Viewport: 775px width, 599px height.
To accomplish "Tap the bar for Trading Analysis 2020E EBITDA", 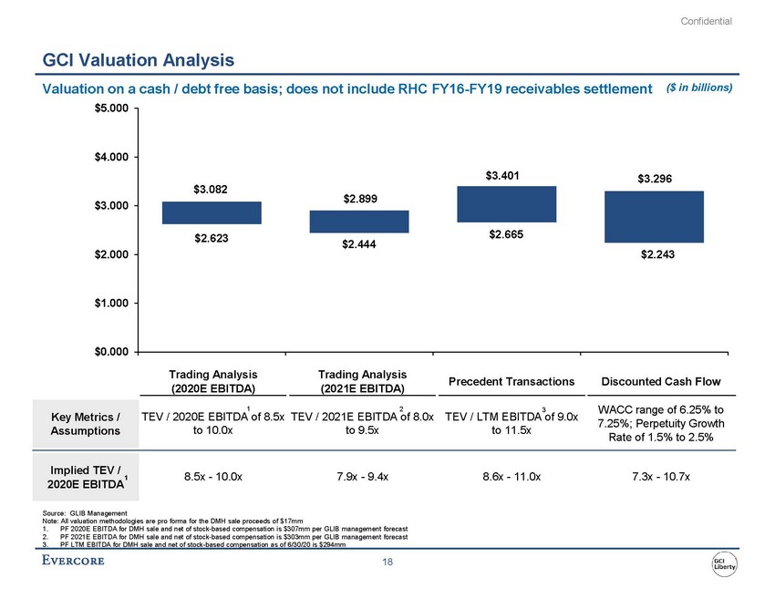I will pyautogui.click(x=199, y=212).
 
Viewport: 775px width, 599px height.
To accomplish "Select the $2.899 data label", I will pyautogui.click(x=361, y=198).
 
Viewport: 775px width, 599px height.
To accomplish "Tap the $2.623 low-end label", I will pyautogui.click(x=212, y=239).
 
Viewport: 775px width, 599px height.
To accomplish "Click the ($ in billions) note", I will pyautogui.click(x=699, y=88).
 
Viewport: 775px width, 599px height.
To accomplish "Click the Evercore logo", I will pyautogui.click(x=73, y=560).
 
